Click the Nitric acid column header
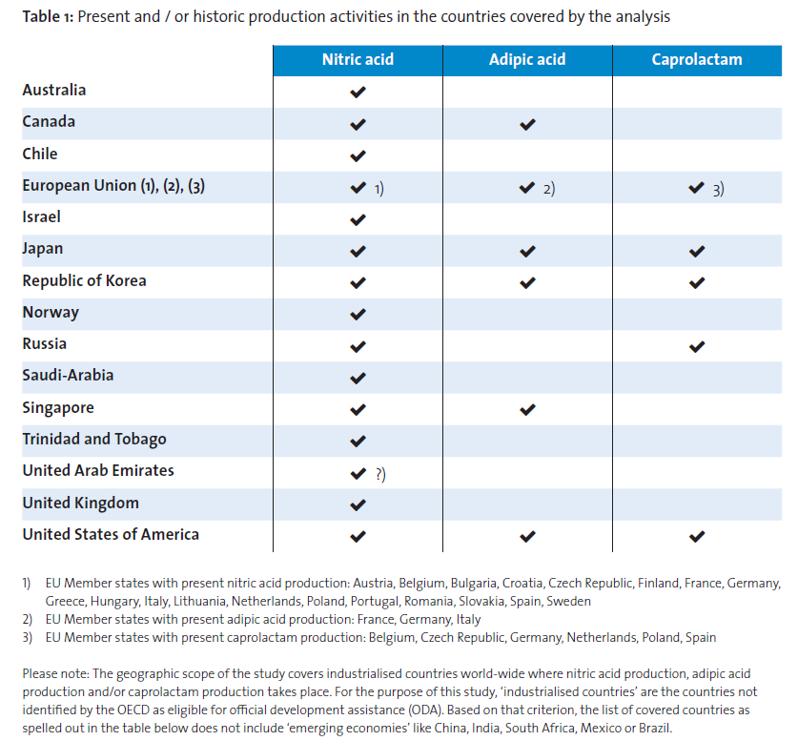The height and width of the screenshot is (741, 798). click(358, 59)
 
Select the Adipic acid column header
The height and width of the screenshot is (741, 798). click(527, 59)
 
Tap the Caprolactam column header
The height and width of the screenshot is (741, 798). click(697, 59)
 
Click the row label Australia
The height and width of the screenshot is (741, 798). click(54, 90)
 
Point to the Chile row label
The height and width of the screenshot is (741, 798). click(40, 154)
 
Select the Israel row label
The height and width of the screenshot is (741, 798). click(41, 216)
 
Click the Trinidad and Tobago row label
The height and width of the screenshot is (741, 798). click(94, 440)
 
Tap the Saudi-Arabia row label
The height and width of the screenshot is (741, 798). click(68, 376)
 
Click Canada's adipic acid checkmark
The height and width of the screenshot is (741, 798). click(528, 124)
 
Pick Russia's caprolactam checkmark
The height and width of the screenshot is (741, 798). click(697, 346)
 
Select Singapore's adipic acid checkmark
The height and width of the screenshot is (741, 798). click(528, 409)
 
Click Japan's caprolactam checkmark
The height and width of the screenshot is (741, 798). click(697, 251)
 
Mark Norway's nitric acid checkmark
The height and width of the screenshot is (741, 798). click(358, 314)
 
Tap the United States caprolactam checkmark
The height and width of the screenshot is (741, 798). click(697, 536)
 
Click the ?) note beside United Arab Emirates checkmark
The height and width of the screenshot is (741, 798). click(380, 474)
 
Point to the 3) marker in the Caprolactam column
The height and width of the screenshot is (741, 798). click(718, 190)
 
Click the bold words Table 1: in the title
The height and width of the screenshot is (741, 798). click(48, 17)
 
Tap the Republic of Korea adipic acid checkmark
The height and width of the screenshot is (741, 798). click(528, 282)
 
